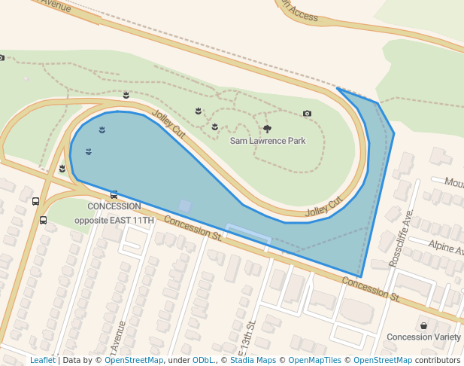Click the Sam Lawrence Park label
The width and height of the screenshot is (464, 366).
[268, 141]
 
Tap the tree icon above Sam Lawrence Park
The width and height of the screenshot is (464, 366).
[267, 129]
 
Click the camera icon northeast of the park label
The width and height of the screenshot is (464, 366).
[307, 114]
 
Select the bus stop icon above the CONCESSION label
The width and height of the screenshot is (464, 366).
[114, 194]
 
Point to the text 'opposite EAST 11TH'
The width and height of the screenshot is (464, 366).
[114, 220]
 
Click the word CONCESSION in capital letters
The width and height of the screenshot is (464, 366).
[114, 206]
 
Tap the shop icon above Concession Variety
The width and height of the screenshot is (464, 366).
[423, 325]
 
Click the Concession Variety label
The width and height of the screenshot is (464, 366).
[423, 337]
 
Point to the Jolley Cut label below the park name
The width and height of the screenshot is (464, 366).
[324, 207]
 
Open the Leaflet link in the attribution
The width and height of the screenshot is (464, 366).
[42, 360]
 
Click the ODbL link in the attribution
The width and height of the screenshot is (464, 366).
[203, 360]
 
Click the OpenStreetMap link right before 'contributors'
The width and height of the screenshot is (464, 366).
[383, 360]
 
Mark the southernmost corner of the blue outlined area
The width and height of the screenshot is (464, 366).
[360, 276]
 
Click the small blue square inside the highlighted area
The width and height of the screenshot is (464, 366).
[184, 206]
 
